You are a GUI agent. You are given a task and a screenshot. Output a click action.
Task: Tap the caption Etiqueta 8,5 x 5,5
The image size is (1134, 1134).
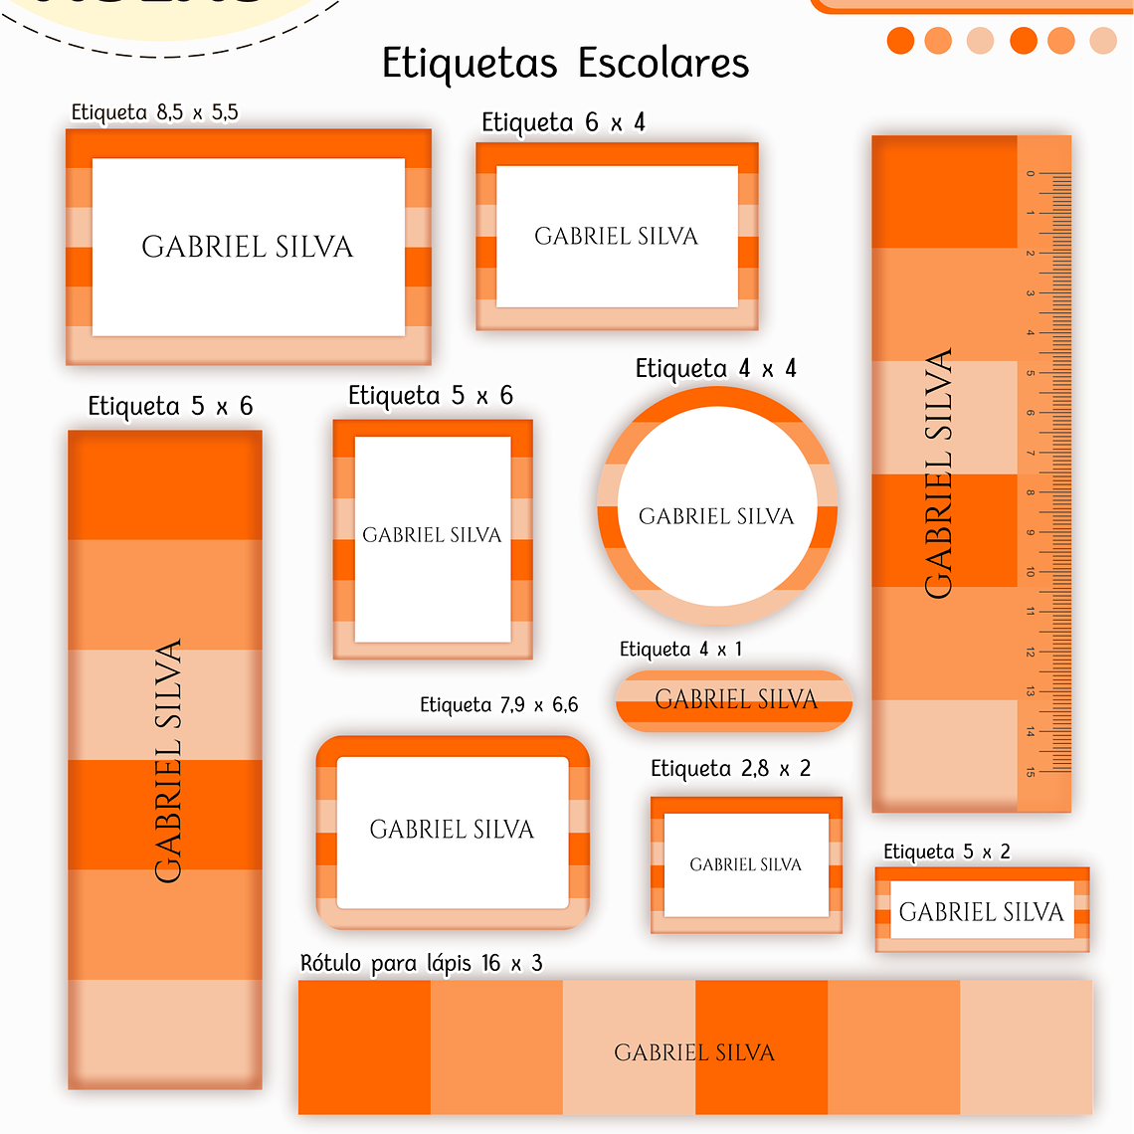(x=154, y=112)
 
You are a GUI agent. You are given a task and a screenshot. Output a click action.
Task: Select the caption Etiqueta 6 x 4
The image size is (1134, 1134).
(x=563, y=122)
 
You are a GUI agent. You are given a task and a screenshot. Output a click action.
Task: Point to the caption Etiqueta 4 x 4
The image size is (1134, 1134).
(x=715, y=369)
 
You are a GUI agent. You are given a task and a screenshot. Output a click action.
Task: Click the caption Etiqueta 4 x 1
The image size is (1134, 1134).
(x=680, y=650)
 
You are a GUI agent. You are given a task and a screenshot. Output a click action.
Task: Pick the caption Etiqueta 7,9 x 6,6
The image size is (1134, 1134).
(x=498, y=705)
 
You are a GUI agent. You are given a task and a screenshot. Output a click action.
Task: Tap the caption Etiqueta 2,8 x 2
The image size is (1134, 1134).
(x=730, y=769)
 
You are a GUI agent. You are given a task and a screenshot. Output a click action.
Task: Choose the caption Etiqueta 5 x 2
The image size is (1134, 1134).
(x=946, y=851)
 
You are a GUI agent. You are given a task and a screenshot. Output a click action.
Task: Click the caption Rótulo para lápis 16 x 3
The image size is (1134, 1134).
(x=421, y=963)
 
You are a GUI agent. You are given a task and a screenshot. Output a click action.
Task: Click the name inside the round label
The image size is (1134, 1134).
(x=716, y=516)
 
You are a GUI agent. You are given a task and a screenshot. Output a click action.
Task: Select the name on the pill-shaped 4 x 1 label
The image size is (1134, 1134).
(x=735, y=699)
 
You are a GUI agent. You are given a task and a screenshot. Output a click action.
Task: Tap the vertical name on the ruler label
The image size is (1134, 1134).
(x=938, y=473)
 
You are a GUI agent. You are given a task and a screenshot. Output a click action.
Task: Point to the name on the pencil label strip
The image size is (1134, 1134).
(x=693, y=1052)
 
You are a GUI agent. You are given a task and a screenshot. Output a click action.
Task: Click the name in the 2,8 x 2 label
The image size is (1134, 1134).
(x=745, y=864)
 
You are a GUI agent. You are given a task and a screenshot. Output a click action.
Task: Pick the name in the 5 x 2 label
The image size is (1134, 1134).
(x=981, y=911)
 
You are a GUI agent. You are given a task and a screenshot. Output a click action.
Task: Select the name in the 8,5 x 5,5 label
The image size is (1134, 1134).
(x=247, y=247)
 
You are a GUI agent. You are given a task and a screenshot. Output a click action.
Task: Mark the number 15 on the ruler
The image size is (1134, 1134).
(x=1031, y=772)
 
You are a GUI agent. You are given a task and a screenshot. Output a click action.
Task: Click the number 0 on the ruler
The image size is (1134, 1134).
(x=1031, y=173)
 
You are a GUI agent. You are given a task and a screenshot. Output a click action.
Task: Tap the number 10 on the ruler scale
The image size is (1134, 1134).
(x=1031, y=572)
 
